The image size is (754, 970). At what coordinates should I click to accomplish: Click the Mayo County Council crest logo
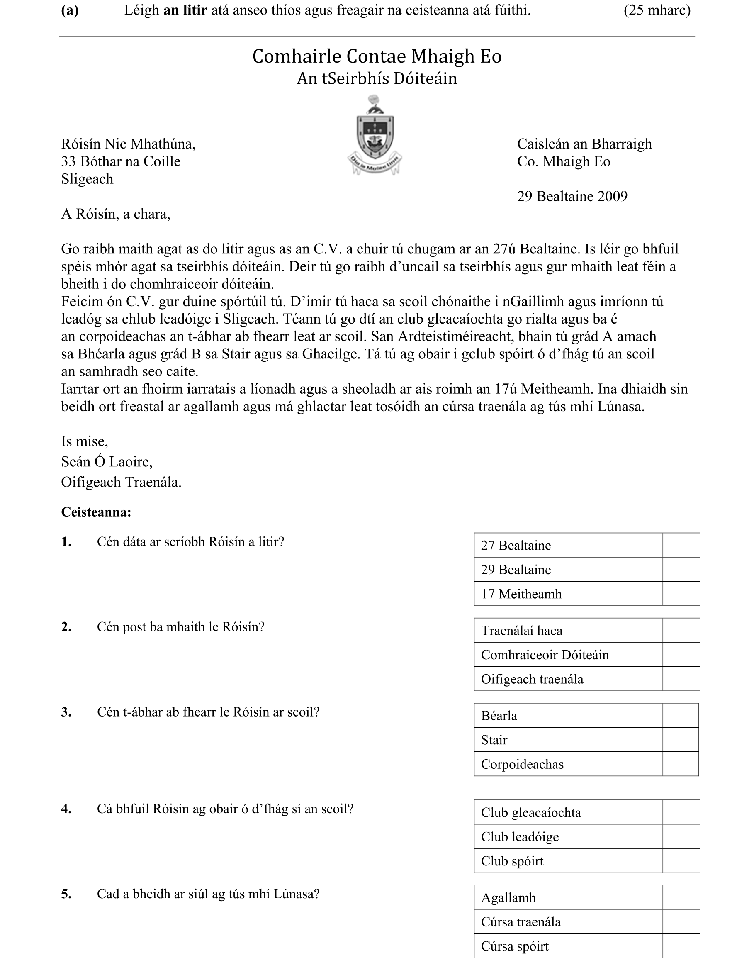click(x=375, y=136)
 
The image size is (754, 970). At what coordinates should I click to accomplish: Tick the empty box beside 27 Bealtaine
click(x=681, y=545)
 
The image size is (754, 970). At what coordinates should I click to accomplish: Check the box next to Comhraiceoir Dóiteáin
click(x=681, y=655)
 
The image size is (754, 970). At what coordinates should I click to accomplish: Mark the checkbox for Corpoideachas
click(x=680, y=764)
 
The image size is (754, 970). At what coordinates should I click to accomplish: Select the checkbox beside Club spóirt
click(x=681, y=861)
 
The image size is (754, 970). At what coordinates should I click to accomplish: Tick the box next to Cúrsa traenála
click(x=681, y=921)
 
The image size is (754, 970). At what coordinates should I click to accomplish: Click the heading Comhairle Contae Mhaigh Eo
click(x=377, y=56)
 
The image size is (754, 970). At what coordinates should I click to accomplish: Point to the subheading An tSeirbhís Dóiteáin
click(x=377, y=78)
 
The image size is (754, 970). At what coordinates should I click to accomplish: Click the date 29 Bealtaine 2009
click(x=572, y=196)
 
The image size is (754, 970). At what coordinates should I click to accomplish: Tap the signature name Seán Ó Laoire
click(x=107, y=462)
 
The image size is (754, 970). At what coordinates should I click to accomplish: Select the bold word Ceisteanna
click(x=96, y=512)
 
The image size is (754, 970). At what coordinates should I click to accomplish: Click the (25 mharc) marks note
click(x=657, y=10)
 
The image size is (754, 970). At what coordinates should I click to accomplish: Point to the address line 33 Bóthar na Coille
click(x=121, y=161)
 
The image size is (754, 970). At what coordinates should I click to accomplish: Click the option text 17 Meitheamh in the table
click(x=521, y=594)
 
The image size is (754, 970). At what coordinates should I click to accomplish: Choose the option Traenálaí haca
click(x=521, y=631)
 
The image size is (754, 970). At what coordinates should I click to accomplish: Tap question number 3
click(x=66, y=712)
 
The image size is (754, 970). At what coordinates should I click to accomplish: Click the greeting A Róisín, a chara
click(x=115, y=214)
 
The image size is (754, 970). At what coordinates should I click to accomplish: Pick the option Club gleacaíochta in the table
click(x=530, y=812)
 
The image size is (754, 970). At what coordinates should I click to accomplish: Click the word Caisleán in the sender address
click(x=542, y=144)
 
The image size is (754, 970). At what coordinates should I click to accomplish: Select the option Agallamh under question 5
click(x=508, y=898)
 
